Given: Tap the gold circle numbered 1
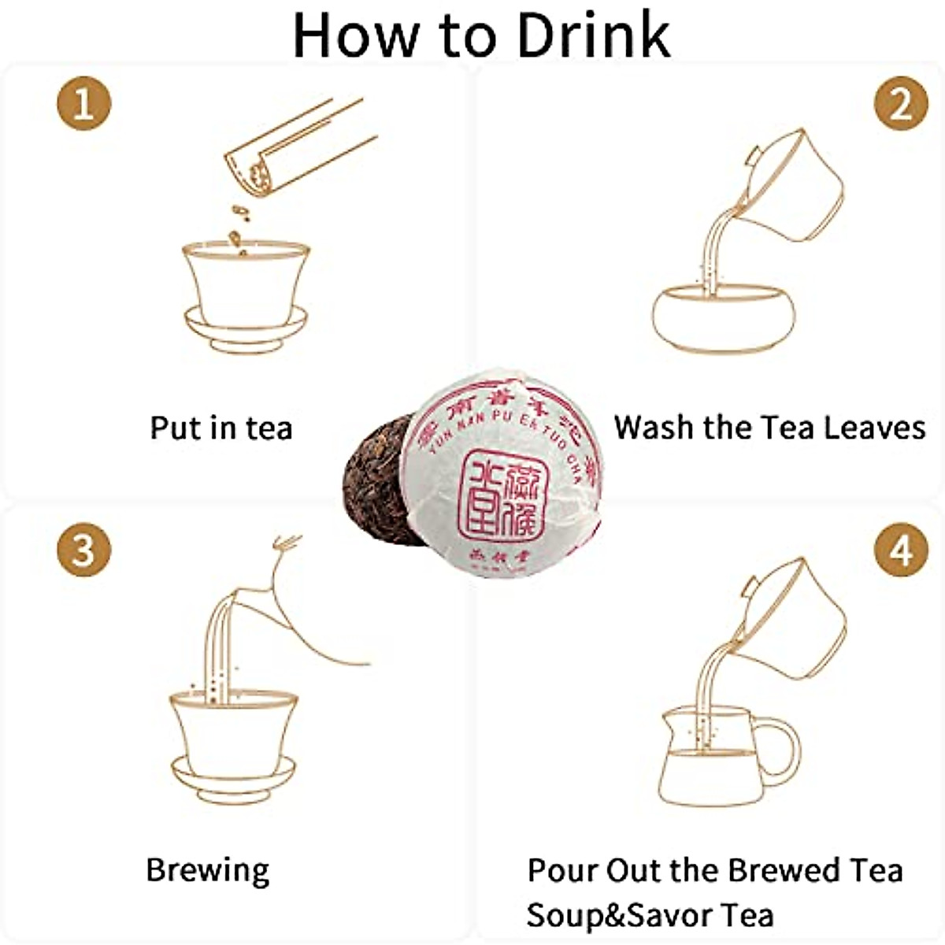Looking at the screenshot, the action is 83,104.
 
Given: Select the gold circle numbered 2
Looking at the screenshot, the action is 901,104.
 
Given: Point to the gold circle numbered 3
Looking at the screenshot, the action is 83,549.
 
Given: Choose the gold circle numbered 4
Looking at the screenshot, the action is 901,549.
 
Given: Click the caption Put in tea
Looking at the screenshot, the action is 221,428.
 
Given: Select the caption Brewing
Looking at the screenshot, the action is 208,870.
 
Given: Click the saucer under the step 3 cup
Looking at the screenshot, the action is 234,780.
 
